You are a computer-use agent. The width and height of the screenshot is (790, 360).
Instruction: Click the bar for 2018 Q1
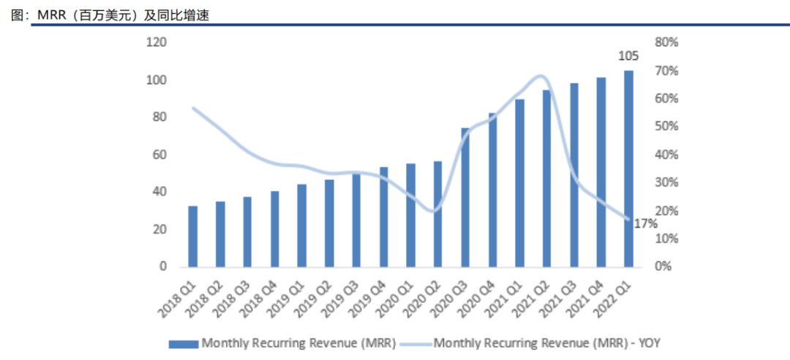tap(193, 236)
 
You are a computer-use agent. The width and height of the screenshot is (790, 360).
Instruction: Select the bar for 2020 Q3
tap(465, 198)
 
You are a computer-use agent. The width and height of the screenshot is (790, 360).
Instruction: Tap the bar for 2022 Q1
tap(628, 168)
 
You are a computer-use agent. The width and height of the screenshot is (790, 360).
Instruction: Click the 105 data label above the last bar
tap(628, 56)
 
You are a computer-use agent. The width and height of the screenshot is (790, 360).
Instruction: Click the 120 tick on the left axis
tap(156, 42)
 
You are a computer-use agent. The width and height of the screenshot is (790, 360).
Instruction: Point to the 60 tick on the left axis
tap(159, 154)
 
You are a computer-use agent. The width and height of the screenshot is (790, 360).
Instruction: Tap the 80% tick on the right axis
tap(667, 42)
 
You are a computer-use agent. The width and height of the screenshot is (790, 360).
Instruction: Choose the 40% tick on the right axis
tap(667, 154)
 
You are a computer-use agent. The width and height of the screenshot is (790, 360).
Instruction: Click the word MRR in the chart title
tap(52, 15)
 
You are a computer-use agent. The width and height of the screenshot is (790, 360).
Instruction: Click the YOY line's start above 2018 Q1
tap(193, 108)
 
